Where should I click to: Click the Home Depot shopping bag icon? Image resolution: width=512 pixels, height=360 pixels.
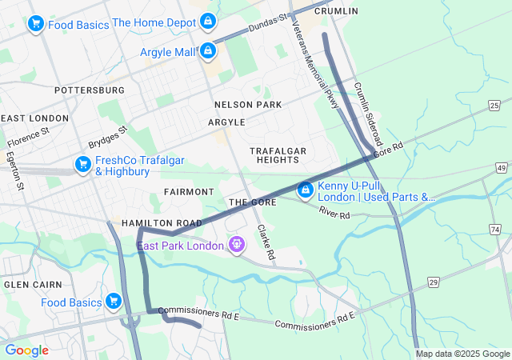pos(208,22)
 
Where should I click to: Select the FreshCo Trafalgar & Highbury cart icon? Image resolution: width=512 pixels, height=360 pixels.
pos(82,165)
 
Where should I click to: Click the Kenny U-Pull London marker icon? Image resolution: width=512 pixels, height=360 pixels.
pos(305,190)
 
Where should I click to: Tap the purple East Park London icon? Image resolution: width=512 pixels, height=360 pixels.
pos(236,244)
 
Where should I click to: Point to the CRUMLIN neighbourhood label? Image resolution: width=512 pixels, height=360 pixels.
pos(336,11)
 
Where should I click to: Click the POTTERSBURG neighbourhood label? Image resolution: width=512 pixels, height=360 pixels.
pos(90,90)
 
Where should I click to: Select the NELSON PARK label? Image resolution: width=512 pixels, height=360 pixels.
pos(248,105)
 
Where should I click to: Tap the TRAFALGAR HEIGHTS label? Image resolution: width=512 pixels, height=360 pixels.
pos(278,155)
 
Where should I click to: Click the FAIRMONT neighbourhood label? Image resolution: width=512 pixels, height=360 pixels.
pos(189,192)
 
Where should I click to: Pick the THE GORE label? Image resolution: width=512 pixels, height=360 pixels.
pos(253,202)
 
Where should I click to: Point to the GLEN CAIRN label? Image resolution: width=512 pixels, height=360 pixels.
pos(28,285)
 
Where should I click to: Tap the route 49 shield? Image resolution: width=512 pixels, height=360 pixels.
pos(501,167)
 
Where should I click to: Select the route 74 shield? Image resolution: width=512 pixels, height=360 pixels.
pos(495,230)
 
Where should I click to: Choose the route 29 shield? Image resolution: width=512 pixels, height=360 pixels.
pos(433,282)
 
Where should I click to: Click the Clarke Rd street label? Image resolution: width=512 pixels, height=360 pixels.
pos(266,242)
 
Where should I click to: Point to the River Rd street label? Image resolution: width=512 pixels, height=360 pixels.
pos(334,214)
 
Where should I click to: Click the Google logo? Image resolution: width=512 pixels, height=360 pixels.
pos(26,350)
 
